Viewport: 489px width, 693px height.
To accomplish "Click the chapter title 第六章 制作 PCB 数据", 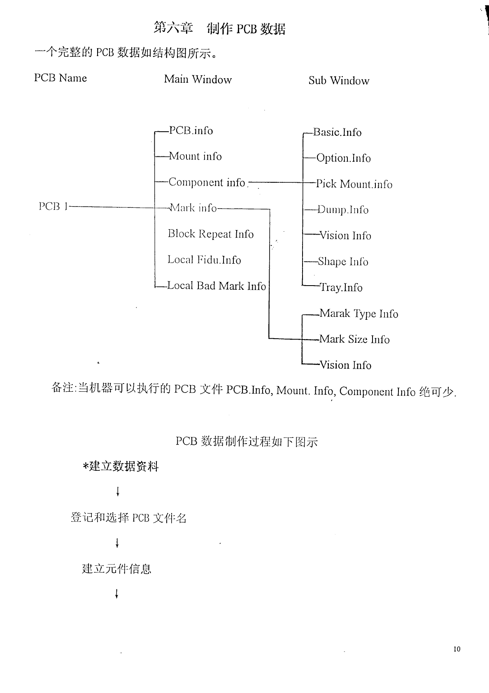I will pos(219,28).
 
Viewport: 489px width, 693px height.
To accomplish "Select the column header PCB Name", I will pos(61,78).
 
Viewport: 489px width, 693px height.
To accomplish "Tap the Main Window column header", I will pos(198,79).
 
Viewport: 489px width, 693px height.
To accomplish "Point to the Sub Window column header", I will pos(339,81).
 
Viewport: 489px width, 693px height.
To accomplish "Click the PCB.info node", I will pos(191,131).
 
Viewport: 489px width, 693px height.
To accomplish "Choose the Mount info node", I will pos(195,156).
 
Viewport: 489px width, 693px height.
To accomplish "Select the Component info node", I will pos(207,182).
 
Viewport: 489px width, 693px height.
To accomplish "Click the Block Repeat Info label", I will pos(210,234).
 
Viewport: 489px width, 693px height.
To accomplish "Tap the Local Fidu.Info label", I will pos(204,260).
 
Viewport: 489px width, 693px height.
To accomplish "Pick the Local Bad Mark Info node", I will pos(217,286).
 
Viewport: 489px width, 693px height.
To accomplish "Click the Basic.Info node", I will pos(337,133).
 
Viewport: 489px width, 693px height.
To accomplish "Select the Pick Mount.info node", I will pos(354,184).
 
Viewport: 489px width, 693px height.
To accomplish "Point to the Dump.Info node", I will pos(343,210).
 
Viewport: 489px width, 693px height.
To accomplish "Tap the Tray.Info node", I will pos(341,288).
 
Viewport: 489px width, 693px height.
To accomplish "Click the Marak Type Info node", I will pos(359,314).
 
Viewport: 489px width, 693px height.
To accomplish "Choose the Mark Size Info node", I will pos(354,340).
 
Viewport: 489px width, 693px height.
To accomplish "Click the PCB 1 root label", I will pos(53,207).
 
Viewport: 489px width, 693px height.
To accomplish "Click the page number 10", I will pos(457,649).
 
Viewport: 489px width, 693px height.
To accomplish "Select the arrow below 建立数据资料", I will pos(118,491).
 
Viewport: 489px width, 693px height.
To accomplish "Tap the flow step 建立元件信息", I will pos(117,569).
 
